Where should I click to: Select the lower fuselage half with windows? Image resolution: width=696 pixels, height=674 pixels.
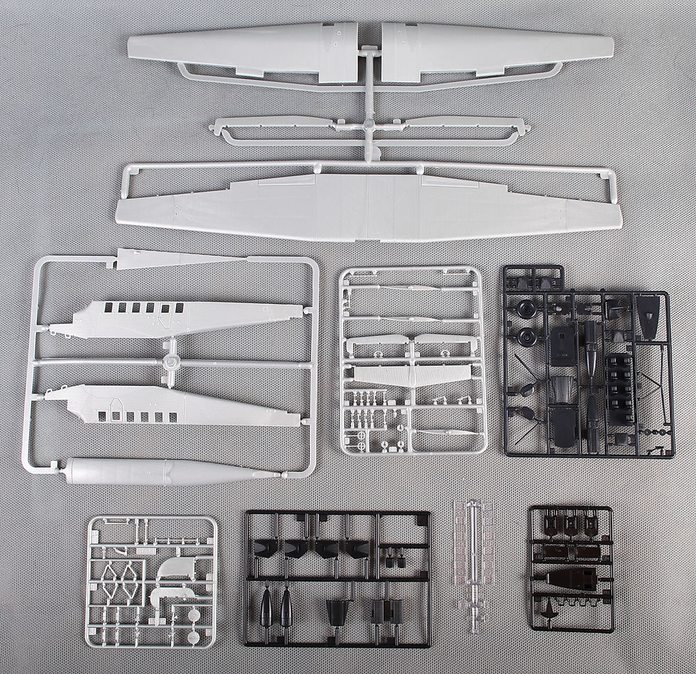click(178, 406)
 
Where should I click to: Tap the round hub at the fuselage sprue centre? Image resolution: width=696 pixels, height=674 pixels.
click(170, 362)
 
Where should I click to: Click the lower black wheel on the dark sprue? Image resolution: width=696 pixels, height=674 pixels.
click(526, 337)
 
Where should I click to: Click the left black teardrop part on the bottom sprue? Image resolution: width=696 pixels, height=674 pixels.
click(266, 607)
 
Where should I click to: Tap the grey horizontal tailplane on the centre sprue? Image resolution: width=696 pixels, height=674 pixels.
click(412, 376)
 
